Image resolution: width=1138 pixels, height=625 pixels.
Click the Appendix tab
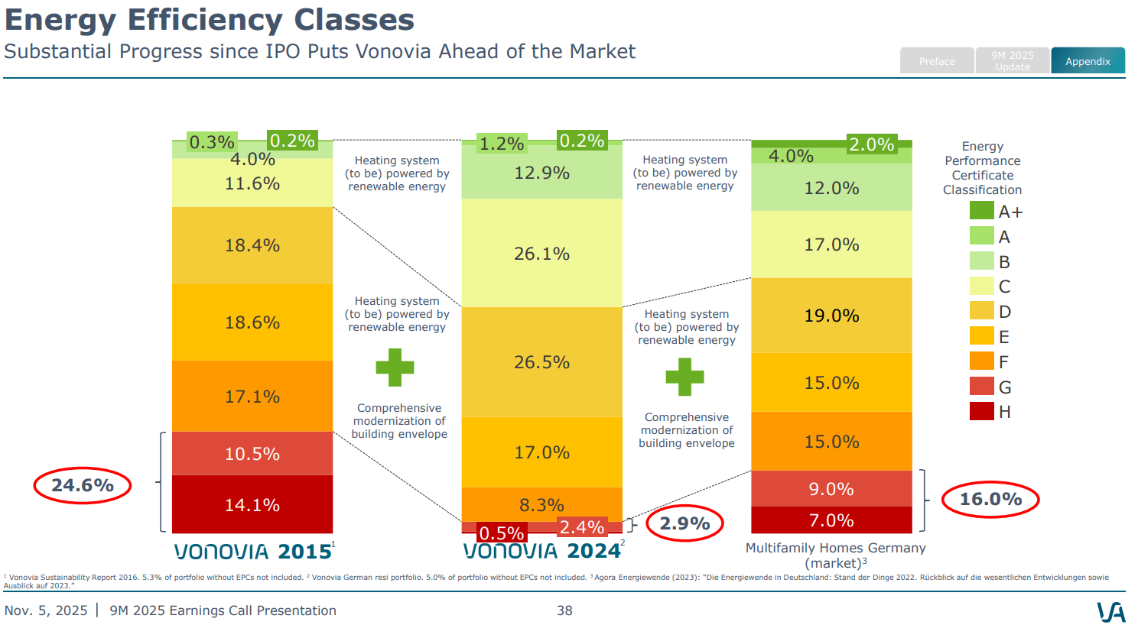pyautogui.click(x=1088, y=61)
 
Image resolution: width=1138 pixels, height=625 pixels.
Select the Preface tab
pyautogui.click(x=937, y=61)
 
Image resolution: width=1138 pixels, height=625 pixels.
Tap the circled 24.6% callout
pyautogui.click(x=83, y=485)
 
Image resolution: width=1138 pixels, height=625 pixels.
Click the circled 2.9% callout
pyautogui.click(x=684, y=523)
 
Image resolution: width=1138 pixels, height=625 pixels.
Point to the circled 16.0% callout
pyautogui.click(x=990, y=500)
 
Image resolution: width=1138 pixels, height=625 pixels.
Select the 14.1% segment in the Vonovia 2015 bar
pyautogui.click(x=252, y=504)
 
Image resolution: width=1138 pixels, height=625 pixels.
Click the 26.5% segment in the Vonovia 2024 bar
pyautogui.click(x=541, y=362)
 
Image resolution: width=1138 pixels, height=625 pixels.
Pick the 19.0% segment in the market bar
pyautogui.click(x=831, y=316)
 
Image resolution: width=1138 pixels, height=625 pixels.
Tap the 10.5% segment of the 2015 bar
pyautogui.click(x=252, y=454)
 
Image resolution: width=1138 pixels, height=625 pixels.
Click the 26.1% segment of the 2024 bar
pyautogui.click(x=541, y=254)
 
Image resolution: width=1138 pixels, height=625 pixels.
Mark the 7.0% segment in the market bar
pyautogui.click(x=831, y=520)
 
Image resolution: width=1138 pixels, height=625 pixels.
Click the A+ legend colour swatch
pyautogui.click(x=982, y=211)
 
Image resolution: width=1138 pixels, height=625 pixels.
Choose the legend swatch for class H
pyautogui.click(x=982, y=411)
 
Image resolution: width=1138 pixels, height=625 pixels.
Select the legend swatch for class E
pyautogui.click(x=982, y=336)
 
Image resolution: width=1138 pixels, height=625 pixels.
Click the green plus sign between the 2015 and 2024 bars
pyautogui.click(x=395, y=368)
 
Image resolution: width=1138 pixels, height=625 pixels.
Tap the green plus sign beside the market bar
pyautogui.click(x=684, y=377)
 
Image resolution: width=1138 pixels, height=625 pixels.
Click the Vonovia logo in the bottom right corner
pyautogui.click(x=1110, y=611)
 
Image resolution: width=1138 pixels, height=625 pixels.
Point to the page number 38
pyautogui.click(x=564, y=610)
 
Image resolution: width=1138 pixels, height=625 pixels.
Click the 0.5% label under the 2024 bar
pyautogui.click(x=502, y=533)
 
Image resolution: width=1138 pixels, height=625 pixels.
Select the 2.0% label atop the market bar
pyautogui.click(x=871, y=144)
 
